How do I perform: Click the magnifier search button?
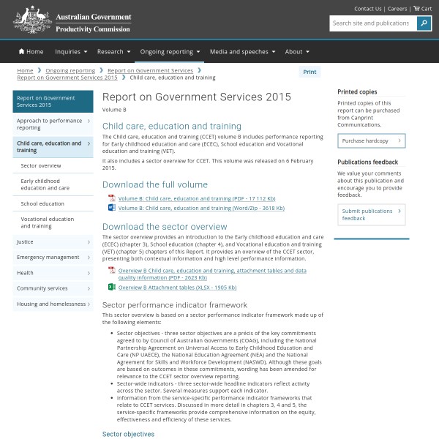click(x=424, y=23)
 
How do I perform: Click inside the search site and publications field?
click(x=372, y=23)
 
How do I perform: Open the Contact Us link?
click(x=367, y=9)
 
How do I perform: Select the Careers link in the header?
click(x=397, y=9)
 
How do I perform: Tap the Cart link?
click(x=423, y=9)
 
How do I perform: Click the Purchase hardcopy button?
click(x=371, y=140)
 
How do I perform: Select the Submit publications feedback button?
click(x=371, y=214)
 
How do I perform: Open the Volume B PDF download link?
click(x=197, y=198)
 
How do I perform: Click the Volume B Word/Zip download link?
click(x=201, y=208)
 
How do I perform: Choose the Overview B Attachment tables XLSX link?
click(x=177, y=288)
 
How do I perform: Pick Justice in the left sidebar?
click(x=25, y=241)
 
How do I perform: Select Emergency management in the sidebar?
click(x=48, y=257)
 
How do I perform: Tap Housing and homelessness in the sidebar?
click(x=51, y=304)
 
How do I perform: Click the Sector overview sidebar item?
click(x=41, y=165)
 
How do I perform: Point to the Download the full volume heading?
click(x=154, y=184)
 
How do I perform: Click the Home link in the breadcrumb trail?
click(x=26, y=71)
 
